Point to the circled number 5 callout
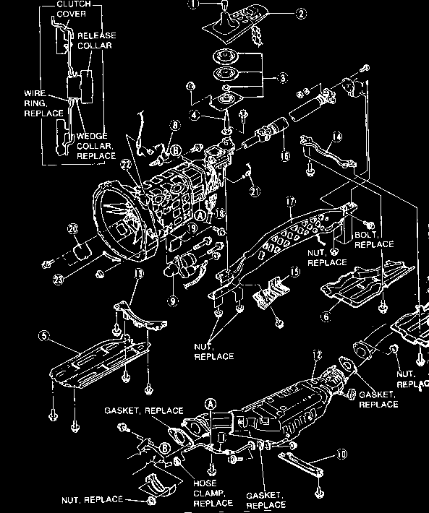click(45, 335)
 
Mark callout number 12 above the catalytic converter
click(316, 355)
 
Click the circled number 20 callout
click(72, 228)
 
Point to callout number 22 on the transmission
click(127, 164)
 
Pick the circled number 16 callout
click(283, 155)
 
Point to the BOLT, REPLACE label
click(374, 240)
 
